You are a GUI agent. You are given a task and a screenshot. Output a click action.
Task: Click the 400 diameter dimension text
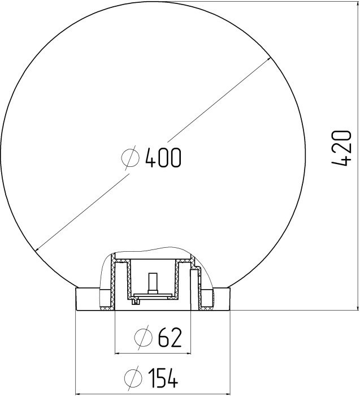click(x=163, y=158)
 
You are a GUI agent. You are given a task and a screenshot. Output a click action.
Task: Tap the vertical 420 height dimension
click(x=341, y=148)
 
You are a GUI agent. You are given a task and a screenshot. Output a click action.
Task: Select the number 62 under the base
click(x=170, y=337)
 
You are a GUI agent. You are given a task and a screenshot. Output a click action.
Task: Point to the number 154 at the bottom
click(x=163, y=378)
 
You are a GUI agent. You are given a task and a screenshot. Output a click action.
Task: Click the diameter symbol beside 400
click(x=130, y=158)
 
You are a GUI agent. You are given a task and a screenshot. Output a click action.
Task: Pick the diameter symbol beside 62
click(x=144, y=337)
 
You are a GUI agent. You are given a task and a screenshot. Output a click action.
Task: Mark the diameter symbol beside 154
click(x=133, y=378)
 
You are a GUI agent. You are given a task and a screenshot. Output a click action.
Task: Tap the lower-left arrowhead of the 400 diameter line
click(x=38, y=249)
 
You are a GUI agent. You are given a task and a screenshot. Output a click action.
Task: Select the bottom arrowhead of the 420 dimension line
click(x=358, y=307)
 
